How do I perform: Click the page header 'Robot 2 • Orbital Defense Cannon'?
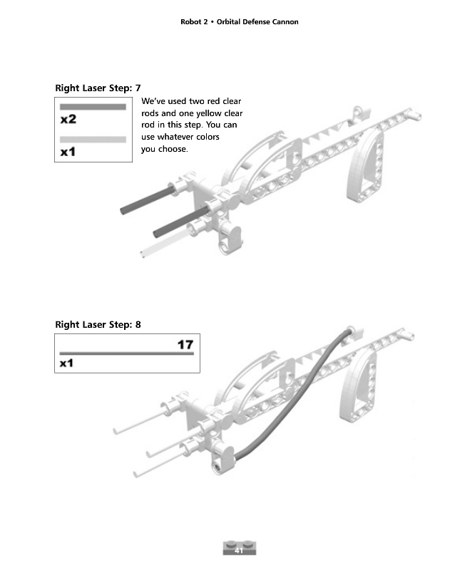[x=240, y=22]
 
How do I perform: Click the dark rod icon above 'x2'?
[x=93, y=107]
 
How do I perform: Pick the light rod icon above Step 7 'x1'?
[x=93, y=140]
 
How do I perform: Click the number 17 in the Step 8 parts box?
[x=185, y=345]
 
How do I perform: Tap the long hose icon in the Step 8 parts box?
[x=126, y=353]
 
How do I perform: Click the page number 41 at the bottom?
[x=239, y=551]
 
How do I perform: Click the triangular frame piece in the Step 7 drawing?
[x=368, y=168]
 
